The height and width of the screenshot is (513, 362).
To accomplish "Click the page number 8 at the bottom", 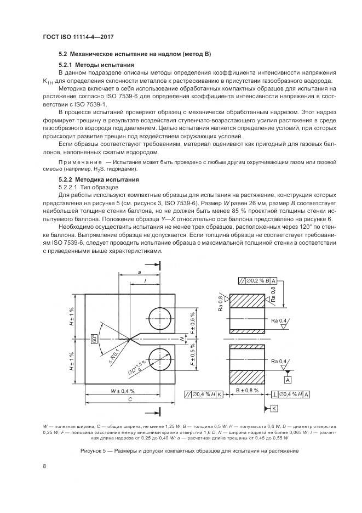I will pos(44,466).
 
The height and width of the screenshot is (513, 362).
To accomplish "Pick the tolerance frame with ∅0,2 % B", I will pos(258,281).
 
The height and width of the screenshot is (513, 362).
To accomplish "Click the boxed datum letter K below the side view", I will pos(274,408).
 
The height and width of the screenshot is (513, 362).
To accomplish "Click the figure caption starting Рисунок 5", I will pos(181,450).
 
